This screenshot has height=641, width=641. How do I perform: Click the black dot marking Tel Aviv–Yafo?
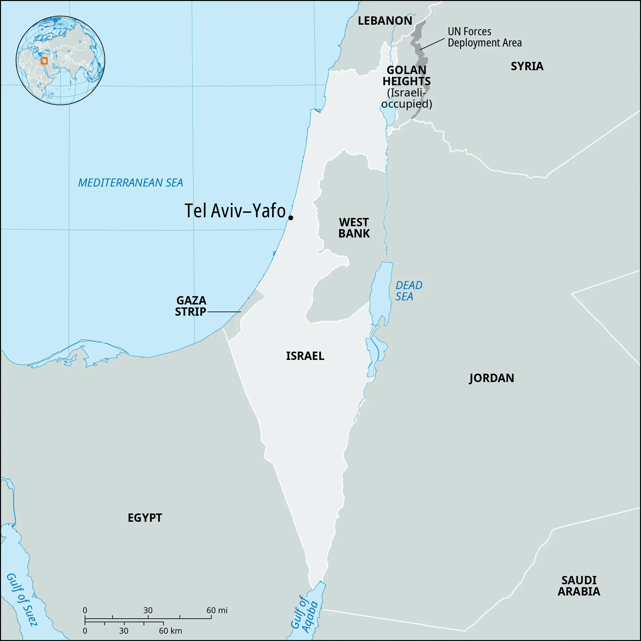(x=291, y=218)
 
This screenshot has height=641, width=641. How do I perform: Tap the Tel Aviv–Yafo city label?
(x=235, y=211)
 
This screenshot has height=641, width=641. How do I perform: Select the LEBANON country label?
(x=385, y=21)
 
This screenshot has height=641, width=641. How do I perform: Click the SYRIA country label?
(x=527, y=66)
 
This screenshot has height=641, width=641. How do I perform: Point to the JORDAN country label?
(x=491, y=378)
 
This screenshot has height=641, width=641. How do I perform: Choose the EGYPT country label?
(x=145, y=518)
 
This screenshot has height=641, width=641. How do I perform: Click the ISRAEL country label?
(x=305, y=356)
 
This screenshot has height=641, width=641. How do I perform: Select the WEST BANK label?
(x=354, y=228)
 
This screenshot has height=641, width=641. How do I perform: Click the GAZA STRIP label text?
(x=191, y=306)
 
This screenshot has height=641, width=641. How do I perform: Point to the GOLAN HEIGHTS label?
(x=406, y=76)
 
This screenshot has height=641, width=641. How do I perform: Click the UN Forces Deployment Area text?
(x=484, y=37)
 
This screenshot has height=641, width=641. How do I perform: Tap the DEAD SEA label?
(x=408, y=290)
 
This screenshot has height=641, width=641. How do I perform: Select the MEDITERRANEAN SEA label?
(x=130, y=182)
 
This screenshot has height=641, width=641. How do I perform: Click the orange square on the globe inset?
(x=44, y=61)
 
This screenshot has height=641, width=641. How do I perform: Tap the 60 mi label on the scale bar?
(x=217, y=610)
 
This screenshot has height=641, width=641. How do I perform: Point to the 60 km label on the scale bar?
(x=170, y=631)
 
